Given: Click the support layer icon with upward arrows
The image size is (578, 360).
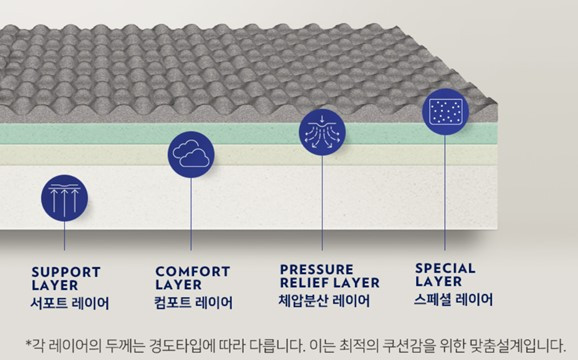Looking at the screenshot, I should click(x=64, y=198).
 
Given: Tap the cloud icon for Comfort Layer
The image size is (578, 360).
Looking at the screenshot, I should click(x=189, y=153).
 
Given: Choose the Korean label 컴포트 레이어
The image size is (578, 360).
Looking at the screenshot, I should click(x=195, y=302).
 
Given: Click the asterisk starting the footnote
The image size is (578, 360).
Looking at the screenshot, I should click(x=28, y=341).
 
